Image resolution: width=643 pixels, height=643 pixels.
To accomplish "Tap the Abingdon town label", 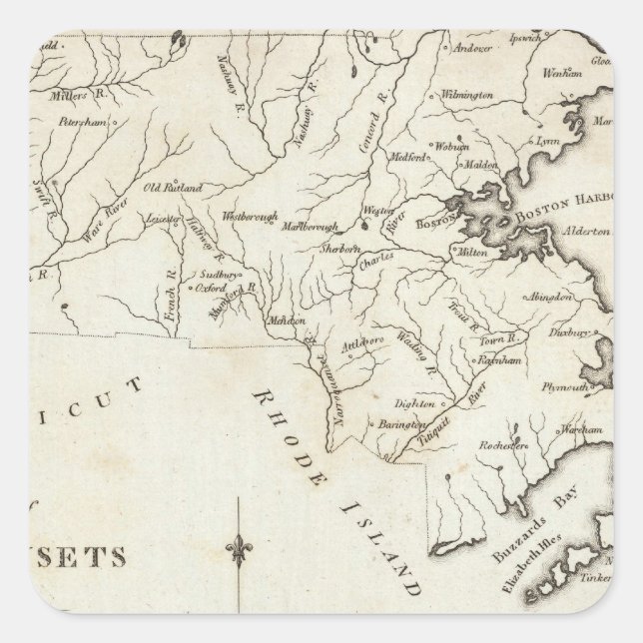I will pos(549,297).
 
